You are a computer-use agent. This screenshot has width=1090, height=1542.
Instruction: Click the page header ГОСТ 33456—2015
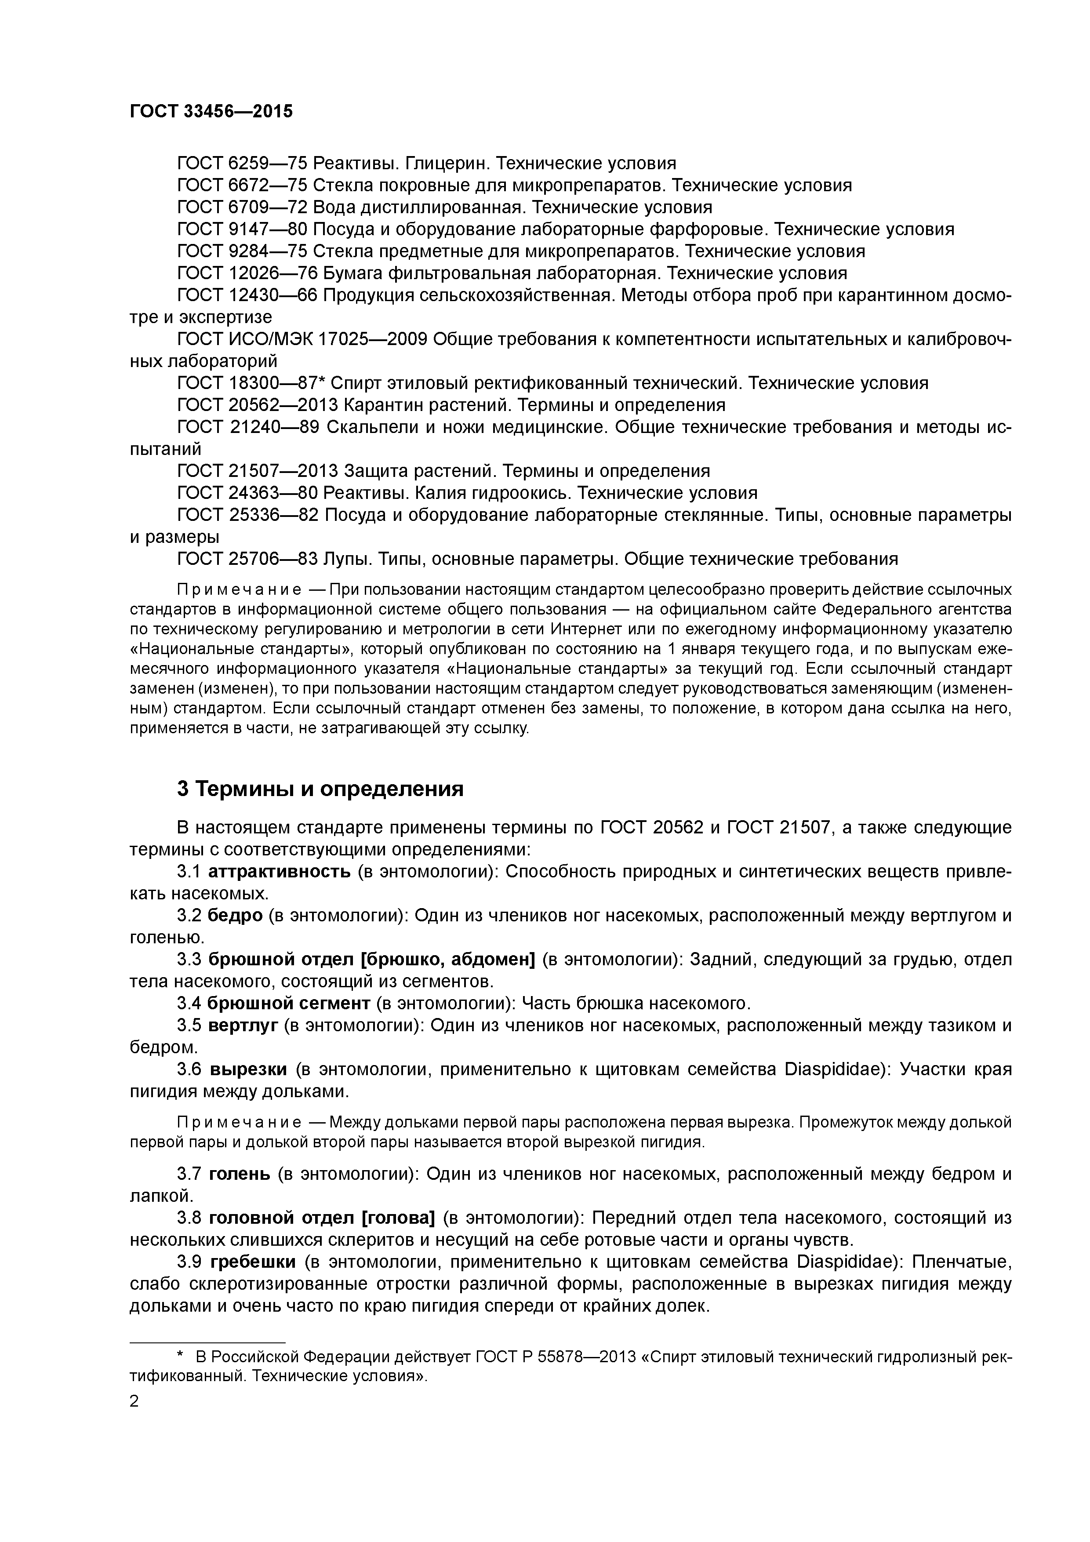(211, 112)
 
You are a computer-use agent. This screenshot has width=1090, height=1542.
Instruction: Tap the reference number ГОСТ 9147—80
(242, 230)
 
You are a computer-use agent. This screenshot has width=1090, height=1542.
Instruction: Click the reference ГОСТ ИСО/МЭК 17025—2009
(302, 340)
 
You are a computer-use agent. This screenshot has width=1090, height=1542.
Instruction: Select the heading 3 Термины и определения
(320, 789)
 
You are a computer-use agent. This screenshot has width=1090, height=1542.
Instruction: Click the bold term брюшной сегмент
(288, 1004)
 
